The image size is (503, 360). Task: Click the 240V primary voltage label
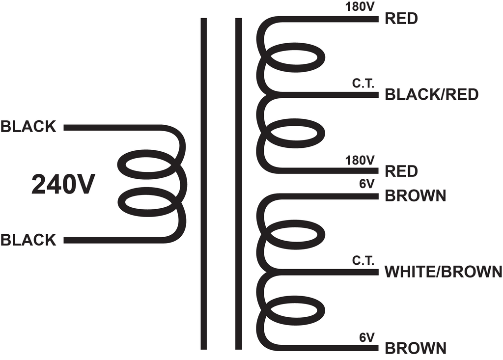(x=63, y=185)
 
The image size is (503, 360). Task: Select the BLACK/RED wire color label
(x=431, y=95)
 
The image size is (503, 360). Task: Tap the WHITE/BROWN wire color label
(x=444, y=272)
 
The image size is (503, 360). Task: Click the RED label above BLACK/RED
(x=401, y=19)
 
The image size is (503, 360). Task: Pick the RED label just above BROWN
(x=401, y=171)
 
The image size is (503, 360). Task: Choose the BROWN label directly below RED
(x=416, y=196)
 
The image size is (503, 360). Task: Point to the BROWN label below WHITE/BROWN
(x=416, y=348)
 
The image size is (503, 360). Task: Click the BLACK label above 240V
(x=28, y=127)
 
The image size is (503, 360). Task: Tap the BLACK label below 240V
(x=28, y=240)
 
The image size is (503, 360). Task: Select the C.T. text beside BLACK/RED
(x=363, y=83)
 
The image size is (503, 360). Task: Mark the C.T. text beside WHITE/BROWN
(x=363, y=260)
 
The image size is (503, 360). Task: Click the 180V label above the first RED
(x=360, y=7)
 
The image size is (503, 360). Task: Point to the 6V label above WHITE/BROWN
(x=367, y=184)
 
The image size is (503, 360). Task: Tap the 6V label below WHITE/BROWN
(x=367, y=337)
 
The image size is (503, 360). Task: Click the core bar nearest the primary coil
(x=204, y=184)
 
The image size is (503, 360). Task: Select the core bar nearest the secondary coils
(x=238, y=184)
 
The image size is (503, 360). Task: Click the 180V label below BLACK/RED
(x=360, y=160)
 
